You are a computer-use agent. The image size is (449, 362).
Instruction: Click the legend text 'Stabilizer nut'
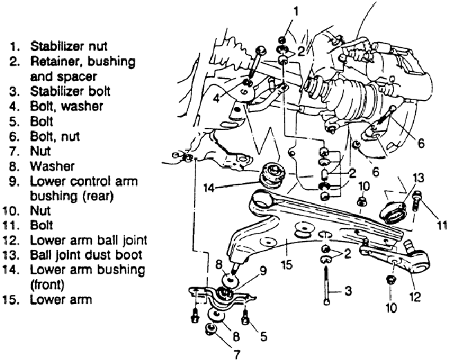pos(68,46)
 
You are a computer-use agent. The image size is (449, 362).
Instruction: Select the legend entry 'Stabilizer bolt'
pos(70,91)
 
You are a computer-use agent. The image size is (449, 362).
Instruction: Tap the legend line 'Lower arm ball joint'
pos(88,240)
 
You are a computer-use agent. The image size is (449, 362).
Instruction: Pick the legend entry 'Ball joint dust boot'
pos(86,255)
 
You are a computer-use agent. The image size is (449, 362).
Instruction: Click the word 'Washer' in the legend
pos(52,166)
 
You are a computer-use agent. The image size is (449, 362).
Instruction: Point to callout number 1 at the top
pos(296,12)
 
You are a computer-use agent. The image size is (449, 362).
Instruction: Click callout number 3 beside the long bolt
pos(348,291)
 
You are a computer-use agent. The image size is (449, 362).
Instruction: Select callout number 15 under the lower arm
pos(287,265)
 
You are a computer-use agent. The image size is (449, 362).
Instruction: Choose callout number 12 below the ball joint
pos(414,296)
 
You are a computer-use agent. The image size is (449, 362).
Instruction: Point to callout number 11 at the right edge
pos(441,225)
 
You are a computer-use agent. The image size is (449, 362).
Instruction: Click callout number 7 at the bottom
pos(236,354)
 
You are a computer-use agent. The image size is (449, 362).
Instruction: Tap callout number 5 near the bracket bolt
pos(263,336)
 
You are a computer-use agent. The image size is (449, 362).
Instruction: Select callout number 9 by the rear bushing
pos(263,270)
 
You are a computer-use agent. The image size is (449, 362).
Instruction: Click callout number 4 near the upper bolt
pos(216,99)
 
